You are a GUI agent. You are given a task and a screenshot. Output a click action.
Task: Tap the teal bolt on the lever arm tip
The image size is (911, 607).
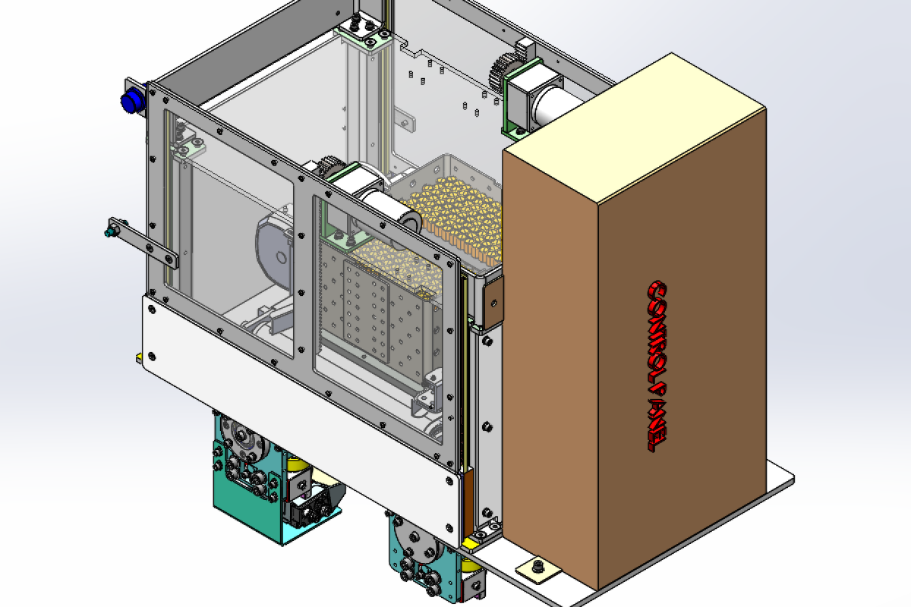[113, 227]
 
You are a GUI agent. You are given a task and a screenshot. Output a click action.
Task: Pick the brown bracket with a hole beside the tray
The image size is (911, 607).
[493, 303]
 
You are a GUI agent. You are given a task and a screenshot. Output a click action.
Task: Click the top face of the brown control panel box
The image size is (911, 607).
[634, 129]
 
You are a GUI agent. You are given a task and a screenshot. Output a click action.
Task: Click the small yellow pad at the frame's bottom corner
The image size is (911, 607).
[472, 541]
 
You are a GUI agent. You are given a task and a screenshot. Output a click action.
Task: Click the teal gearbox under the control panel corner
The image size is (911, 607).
[414, 561]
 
